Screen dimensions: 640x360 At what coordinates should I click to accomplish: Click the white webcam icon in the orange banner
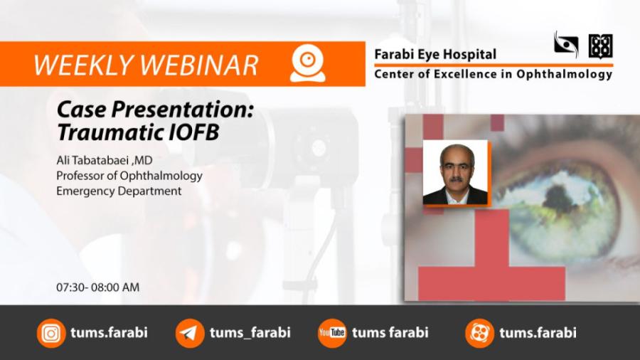coord(308,63)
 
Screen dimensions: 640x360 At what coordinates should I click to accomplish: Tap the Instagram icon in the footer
coord(51,333)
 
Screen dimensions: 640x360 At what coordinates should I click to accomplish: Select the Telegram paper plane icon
coord(190,333)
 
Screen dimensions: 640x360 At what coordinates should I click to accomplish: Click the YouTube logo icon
coord(332,333)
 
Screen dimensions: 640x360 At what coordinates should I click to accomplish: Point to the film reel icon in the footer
coord(479,333)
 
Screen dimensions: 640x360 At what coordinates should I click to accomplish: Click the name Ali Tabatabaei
coord(92,160)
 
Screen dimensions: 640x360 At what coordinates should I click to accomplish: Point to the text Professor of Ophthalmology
coord(129,176)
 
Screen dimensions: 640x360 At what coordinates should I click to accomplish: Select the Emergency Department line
coord(119,191)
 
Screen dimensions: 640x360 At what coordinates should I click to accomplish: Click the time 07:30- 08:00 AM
coord(98,287)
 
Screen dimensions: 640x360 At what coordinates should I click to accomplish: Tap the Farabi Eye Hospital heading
coord(435,55)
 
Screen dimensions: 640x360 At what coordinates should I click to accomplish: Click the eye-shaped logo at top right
coord(566,44)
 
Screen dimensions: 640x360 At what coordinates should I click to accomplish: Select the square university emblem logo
coord(600,46)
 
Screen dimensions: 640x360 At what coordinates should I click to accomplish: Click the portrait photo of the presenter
coord(455,172)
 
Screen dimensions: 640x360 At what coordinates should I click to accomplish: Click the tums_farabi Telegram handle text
coord(250,333)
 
